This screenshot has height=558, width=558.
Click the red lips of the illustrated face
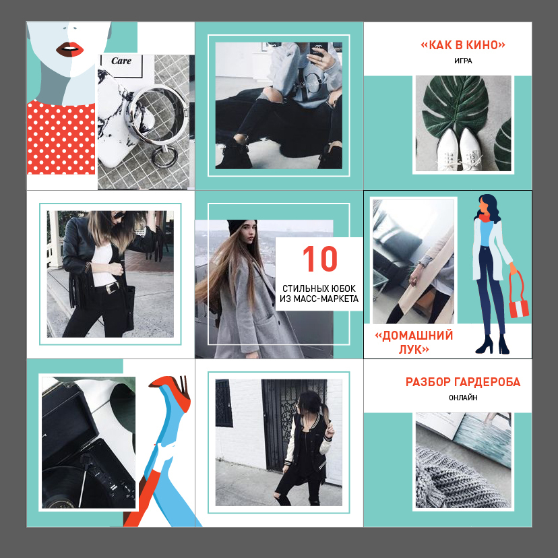click(70, 49)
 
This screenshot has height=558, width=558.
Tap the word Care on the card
click(121, 61)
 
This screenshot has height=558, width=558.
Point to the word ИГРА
click(463, 61)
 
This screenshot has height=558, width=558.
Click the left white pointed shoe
click(447, 149)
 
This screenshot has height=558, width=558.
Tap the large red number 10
click(320, 259)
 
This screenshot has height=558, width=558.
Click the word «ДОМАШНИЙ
click(414, 335)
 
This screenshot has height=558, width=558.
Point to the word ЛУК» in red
click(414, 350)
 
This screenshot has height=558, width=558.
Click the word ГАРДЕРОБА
click(487, 382)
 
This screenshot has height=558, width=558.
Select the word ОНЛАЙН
click(463, 398)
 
